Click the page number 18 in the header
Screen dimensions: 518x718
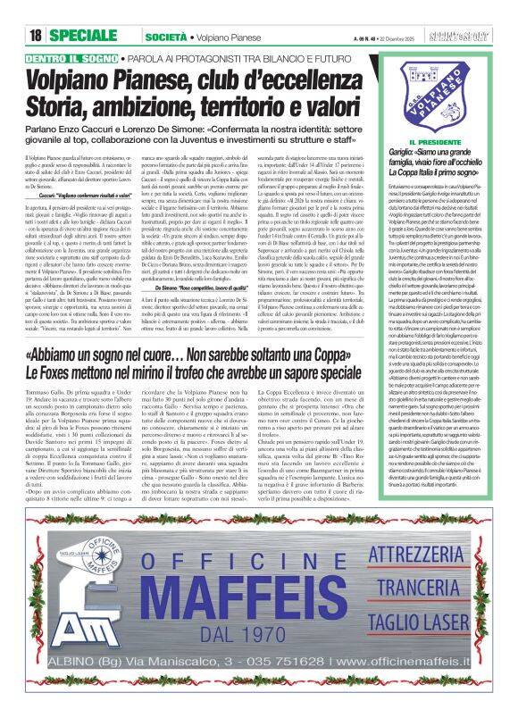point(35,35)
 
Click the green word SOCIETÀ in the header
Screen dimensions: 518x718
point(165,35)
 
